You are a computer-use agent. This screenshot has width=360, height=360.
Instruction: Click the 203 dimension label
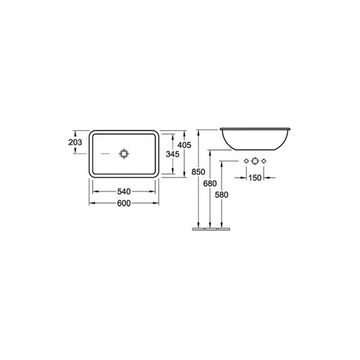[x=75, y=143]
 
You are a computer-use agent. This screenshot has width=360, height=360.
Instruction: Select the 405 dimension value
[x=184, y=145]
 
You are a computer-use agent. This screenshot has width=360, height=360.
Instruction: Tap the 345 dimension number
[x=173, y=154]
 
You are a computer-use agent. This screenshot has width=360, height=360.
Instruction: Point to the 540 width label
[x=124, y=192]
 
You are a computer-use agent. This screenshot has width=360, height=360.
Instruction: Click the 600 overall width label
[x=124, y=203]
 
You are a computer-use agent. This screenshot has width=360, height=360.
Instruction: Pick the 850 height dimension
[x=198, y=172]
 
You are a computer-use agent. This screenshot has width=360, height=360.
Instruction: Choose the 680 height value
[x=210, y=184]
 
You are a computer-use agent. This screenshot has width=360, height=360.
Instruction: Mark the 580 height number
[x=222, y=195]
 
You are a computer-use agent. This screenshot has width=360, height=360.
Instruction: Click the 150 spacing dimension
[x=255, y=178]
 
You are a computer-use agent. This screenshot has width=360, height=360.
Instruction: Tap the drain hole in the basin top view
[x=124, y=154]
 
